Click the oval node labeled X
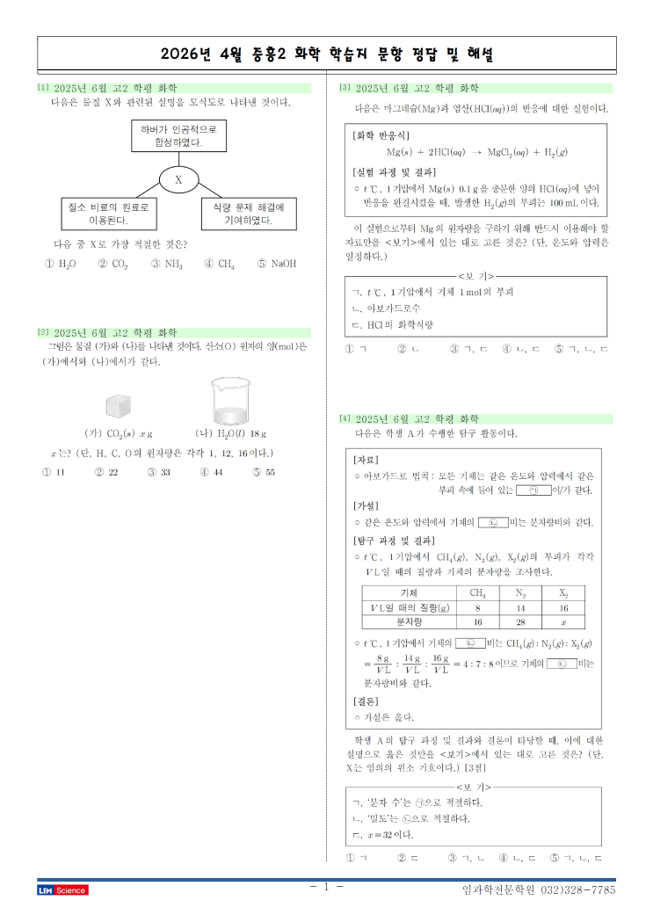(x=178, y=180)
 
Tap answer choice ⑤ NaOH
(x=277, y=264)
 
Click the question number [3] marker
(x=345, y=88)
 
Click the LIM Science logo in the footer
(x=62, y=890)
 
